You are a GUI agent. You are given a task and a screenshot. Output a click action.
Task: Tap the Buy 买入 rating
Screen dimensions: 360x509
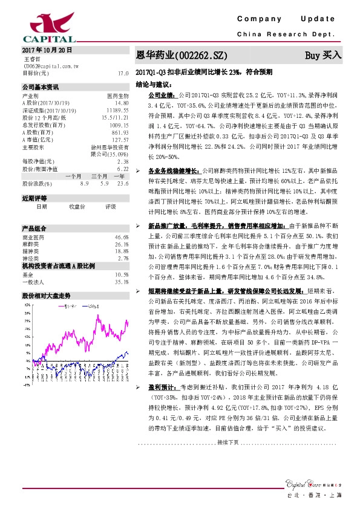323,55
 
